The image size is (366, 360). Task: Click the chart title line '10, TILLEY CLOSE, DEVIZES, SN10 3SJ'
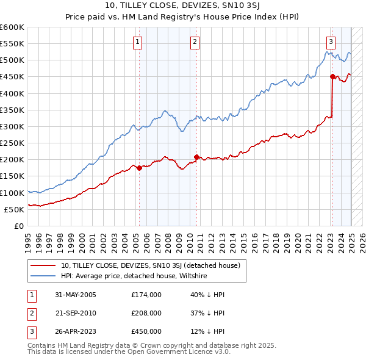(x=182, y=7)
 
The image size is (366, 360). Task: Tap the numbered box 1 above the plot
(x=138, y=42)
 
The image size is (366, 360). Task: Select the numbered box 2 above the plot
(x=195, y=42)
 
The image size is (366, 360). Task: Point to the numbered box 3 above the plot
(x=331, y=42)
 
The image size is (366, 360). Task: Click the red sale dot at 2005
(x=139, y=168)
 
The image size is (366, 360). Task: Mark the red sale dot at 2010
(x=196, y=157)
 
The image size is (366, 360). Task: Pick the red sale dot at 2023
(x=332, y=76)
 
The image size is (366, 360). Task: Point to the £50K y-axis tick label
(x=15, y=209)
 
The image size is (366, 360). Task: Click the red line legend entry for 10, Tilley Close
(x=151, y=265)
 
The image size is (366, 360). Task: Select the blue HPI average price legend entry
(x=134, y=276)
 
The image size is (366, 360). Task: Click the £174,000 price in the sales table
(x=146, y=295)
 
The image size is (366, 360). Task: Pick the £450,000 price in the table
(x=146, y=331)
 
